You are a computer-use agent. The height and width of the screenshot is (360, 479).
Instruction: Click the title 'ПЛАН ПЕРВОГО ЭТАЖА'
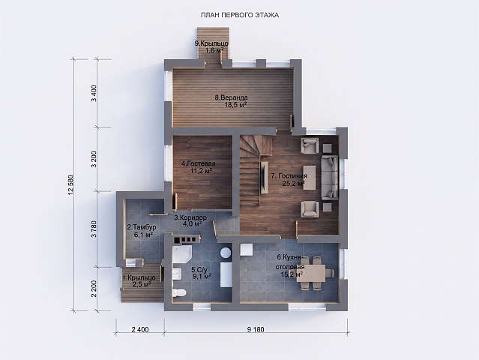[x=240, y=15]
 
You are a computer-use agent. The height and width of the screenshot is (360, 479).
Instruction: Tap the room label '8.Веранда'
[x=231, y=97]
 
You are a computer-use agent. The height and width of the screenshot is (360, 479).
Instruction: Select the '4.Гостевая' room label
[x=198, y=163]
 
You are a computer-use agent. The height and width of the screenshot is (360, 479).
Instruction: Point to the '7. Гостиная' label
[x=289, y=176]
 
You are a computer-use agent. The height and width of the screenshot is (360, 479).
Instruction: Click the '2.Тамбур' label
[x=142, y=227]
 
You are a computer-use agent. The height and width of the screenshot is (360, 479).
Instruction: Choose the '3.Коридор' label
[x=190, y=218]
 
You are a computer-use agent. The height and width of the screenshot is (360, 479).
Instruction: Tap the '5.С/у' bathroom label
[x=199, y=270]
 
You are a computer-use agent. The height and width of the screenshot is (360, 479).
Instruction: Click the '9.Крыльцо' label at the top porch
[x=211, y=43]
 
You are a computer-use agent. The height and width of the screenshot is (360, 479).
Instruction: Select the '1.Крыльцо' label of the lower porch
[x=139, y=277]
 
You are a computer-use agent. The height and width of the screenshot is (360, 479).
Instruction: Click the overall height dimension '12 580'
[x=72, y=184]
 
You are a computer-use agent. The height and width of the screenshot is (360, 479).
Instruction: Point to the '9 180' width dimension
[x=256, y=330]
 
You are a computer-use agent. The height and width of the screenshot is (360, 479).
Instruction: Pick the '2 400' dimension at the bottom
[x=140, y=330]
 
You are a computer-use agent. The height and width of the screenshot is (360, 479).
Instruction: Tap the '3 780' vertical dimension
[x=94, y=229]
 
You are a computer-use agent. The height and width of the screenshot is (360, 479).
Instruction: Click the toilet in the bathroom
[x=178, y=292]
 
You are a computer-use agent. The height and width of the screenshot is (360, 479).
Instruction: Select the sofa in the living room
[x=330, y=177]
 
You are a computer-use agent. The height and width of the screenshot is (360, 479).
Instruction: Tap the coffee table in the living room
[x=310, y=178]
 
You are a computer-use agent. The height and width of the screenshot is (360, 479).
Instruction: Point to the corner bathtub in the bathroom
[x=181, y=254]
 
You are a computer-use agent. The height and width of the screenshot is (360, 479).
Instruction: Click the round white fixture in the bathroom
[x=226, y=253]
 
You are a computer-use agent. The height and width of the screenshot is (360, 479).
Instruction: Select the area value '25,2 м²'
[x=294, y=184]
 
